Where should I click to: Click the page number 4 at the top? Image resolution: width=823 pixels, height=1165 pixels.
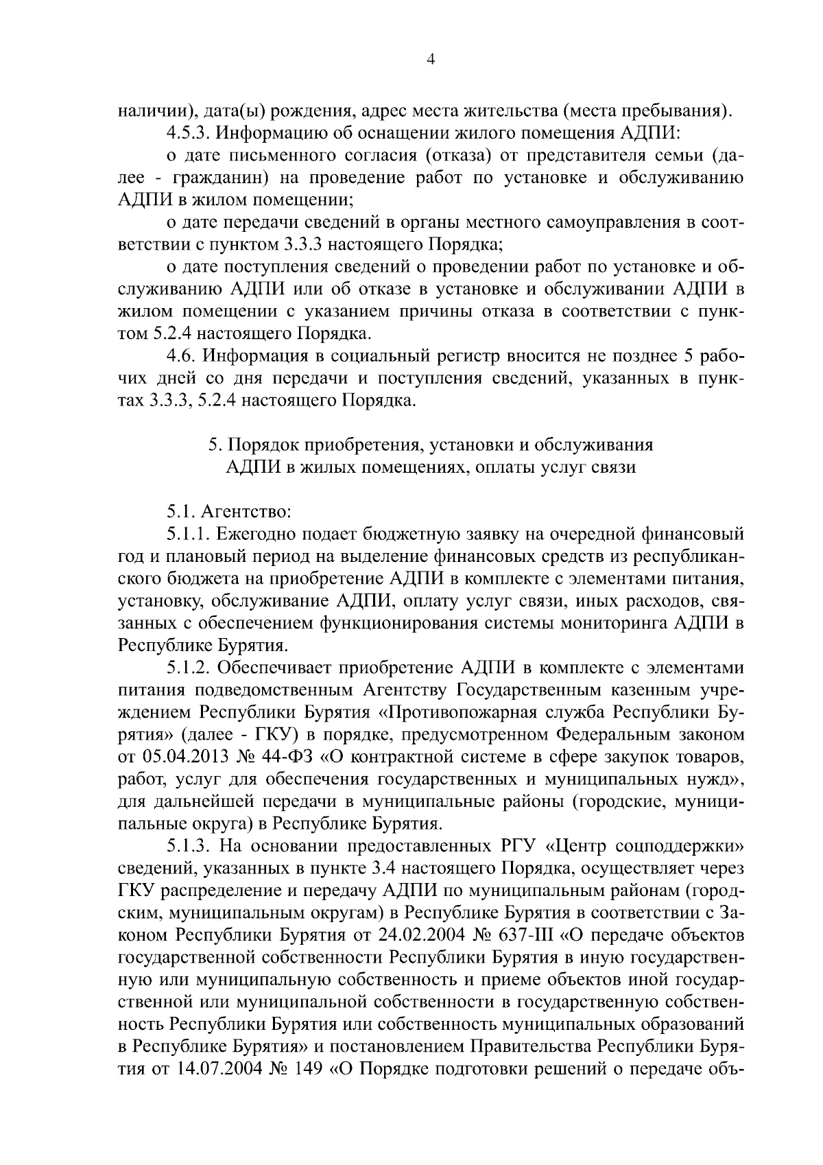click(x=430, y=60)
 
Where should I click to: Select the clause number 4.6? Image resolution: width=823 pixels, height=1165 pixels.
click(x=180, y=356)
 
